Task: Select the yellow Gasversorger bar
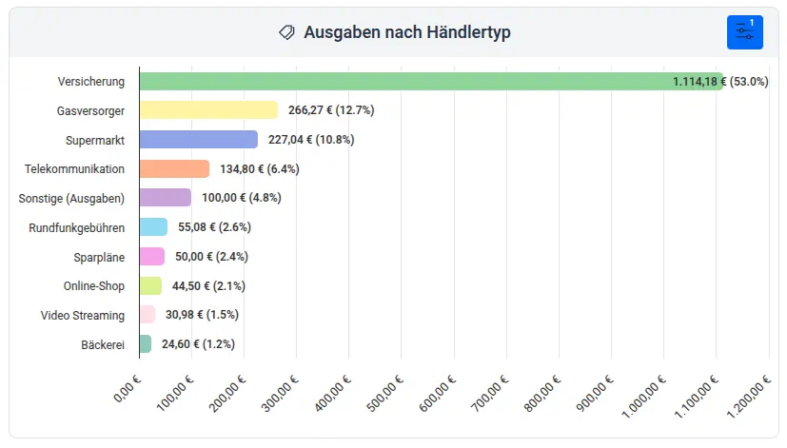coord(208,110)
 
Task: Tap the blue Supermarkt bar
coord(198,140)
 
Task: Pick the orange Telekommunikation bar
coord(174,169)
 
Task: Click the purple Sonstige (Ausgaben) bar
coord(165,198)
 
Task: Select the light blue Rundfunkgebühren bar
coord(153,227)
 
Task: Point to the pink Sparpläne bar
coord(151,257)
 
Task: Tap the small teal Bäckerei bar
coord(145,344)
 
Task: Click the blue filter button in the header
coord(744,32)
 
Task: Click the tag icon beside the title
coord(286,32)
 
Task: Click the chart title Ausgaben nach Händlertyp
coord(407,32)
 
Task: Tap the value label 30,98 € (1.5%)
coord(202,315)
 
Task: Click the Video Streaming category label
coord(83,315)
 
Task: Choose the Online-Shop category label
coord(94,285)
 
